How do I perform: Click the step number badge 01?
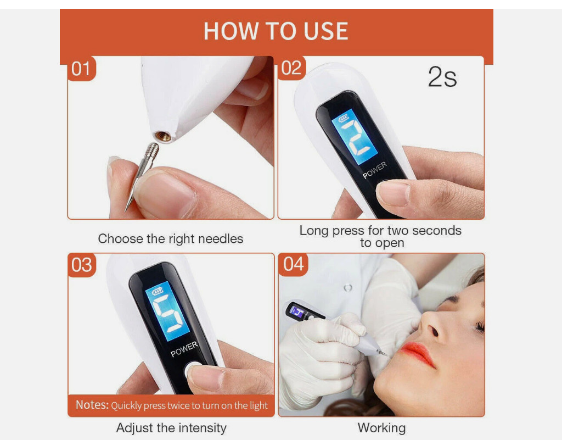click(81, 68)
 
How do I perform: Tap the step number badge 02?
click(291, 68)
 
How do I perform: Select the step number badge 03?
click(82, 265)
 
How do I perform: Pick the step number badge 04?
click(293, 265)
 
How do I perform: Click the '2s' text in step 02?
click(442, 77)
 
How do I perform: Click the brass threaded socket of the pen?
click(163, 136)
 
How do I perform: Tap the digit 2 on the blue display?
click(355, 137)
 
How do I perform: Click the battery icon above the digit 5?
click(158, 291)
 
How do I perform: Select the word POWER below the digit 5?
click(184, 349)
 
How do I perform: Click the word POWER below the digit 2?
click(374, 170)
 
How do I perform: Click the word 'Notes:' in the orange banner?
click(92, 405)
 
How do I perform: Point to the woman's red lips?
click(418, 353)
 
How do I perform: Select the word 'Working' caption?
click(382, 428)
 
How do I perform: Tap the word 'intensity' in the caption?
click(203, 428)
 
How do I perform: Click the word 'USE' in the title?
click(326, 31)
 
